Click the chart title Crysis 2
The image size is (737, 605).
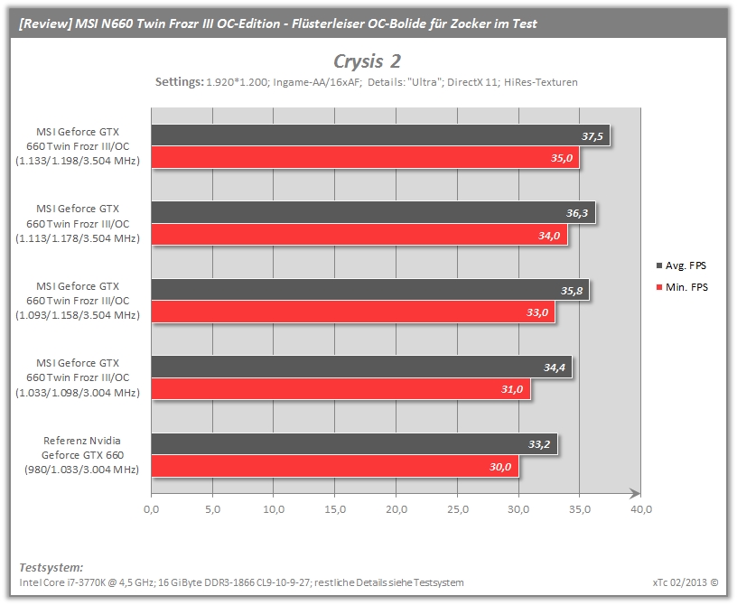tap(367, 61)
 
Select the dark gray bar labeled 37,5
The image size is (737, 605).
tap(381, 135)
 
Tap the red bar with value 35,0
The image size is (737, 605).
tap(365, 157)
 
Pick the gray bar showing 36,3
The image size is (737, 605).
tap(373, 212)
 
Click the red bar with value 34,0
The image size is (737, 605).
tap(359, 235)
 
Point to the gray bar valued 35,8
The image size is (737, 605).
tap(370, 290)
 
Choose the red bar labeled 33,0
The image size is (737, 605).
tap(353, 312)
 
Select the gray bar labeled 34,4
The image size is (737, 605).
tap(362, 367)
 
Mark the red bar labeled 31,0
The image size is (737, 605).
tap(341, 389)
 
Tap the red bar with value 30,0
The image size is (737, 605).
tap(335, 466)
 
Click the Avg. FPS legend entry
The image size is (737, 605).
tap(681, 265)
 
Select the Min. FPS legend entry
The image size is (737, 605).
tap(682, 287)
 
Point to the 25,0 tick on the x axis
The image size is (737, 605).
tap(458, 509)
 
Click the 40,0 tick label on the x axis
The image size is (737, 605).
tap(641, 509)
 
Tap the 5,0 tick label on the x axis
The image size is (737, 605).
tap(212, 509)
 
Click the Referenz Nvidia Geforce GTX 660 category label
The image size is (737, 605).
tap(82, 455)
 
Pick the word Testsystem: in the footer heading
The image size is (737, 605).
tap(51, 567)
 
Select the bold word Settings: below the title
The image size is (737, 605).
tap(180, 82)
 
